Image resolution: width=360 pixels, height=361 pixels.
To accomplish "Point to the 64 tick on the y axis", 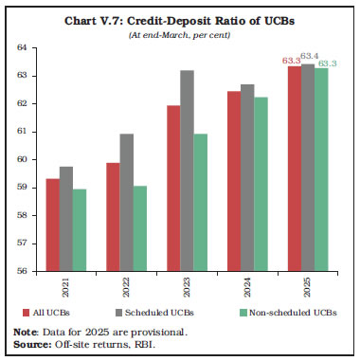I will click(24, 46).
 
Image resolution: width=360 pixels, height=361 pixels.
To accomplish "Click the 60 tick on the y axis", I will click(24, 158).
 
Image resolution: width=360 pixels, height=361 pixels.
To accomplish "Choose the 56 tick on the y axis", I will click(24, 270).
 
